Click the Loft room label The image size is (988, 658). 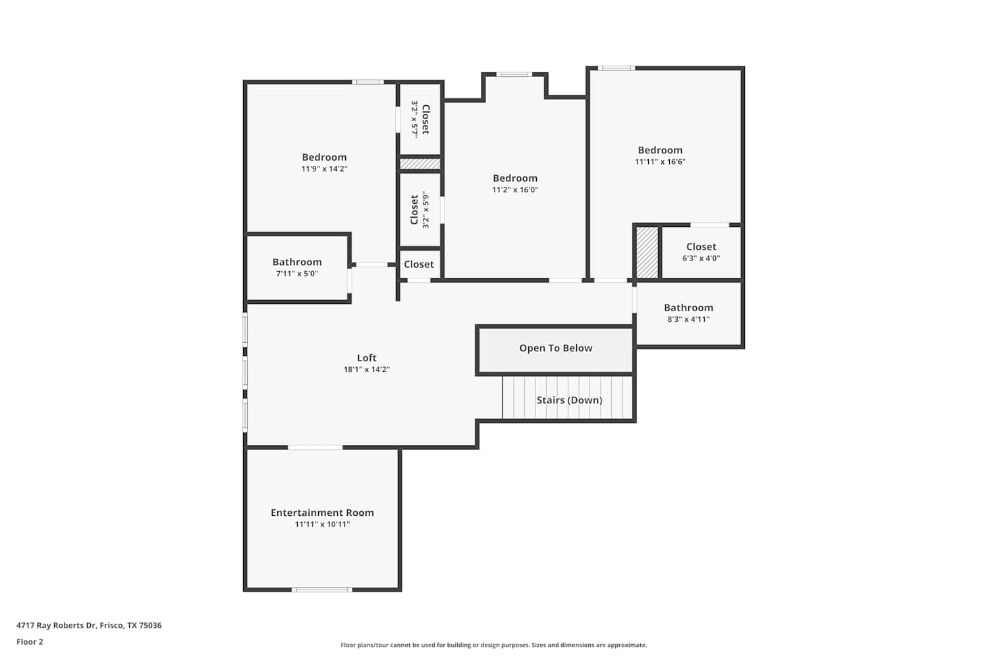coord(366,357)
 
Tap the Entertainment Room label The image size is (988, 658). coord(322,513)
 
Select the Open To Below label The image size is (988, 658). coord(555,348)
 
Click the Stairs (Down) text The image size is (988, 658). coord(569,400)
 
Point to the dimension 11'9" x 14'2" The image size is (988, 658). coord(324,169)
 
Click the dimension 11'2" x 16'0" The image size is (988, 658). coord(515,190)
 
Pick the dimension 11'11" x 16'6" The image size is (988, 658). coord(660,162)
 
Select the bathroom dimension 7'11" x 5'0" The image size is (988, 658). coord(297,274)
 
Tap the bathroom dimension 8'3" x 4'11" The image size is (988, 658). coord(688,319)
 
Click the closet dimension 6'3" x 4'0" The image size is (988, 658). coord(701,258)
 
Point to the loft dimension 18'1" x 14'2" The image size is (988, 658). coord(366,369)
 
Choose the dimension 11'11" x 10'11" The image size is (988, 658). coord(322,524)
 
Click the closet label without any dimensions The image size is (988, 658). coord(418,265)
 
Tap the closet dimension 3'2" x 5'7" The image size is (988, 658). coord(414,120)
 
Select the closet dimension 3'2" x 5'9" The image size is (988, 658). coord(425,210)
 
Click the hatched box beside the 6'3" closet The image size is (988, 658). coord(647,253)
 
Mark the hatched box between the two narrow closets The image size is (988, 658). coord(420,164)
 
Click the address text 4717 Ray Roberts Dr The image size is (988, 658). coord(56,625)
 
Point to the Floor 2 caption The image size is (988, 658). coord(30,642)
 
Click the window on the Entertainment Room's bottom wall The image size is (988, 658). coord(321,590)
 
